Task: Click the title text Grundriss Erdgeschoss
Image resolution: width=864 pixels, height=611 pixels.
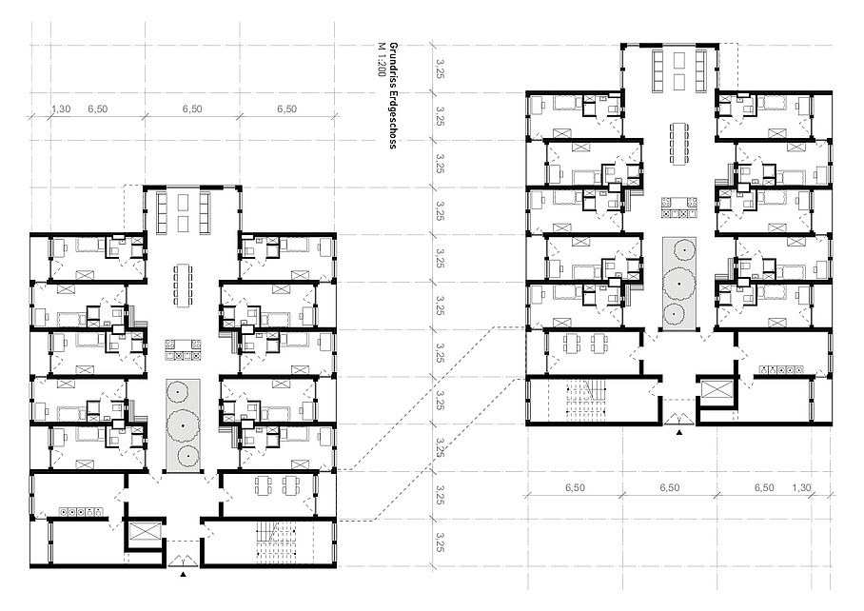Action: (x=393, y=95)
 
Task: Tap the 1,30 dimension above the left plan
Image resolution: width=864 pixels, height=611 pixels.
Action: (x=61, y=109)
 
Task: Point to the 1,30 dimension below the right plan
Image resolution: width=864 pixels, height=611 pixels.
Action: (x=801, y=487)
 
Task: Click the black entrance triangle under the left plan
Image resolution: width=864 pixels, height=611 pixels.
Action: (x=183, y=574)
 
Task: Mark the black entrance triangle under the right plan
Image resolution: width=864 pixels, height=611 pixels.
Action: (x=678, y=432)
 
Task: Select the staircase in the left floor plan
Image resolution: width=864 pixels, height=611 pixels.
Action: (x=277, y=542)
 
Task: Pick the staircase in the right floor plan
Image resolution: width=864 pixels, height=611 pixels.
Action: (x=587, y=400)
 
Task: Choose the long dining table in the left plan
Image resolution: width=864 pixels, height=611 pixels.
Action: (x=183, y=285)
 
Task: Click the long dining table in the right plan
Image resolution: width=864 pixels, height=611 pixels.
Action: (x=678, y=144)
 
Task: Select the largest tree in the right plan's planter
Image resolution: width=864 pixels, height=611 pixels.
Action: (x=678, y=284)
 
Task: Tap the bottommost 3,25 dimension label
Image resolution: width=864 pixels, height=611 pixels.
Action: (x=440, y=542)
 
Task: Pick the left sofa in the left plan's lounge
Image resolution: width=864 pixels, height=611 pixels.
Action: (x=163, y=212)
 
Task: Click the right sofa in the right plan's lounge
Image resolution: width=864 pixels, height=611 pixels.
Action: (x=701, y=70)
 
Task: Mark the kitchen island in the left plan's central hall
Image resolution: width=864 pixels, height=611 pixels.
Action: (x=183, y=351)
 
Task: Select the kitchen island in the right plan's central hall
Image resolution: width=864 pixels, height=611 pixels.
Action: (x=678, y=208)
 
